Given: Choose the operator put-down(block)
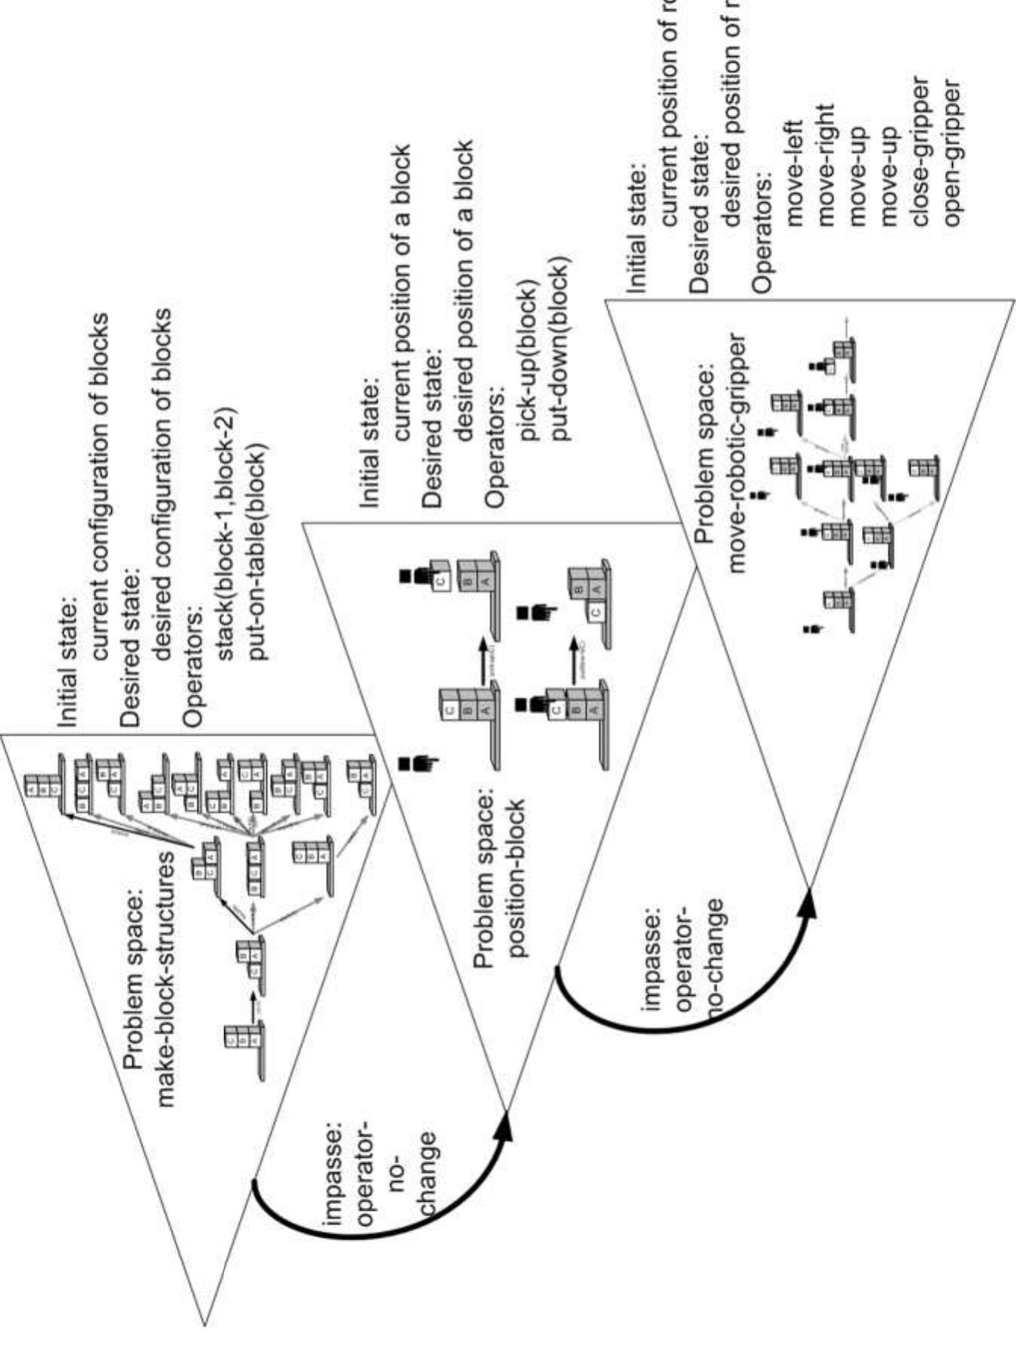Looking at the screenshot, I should click(560, 349).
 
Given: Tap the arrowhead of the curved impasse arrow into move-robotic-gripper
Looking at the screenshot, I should click(809, 904).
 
